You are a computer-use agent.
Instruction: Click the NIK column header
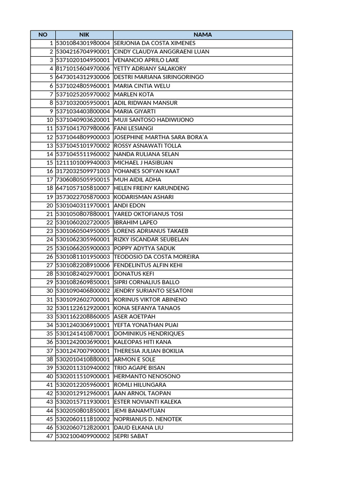tap(84, 35)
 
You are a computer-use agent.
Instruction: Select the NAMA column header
tap(202, 35)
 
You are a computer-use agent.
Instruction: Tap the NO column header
tap(43, 35)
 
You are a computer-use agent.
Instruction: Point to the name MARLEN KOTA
tap(134, 94)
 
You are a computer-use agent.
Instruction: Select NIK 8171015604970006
tap(83, 68)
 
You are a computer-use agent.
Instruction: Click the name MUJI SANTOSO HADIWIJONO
tap(154, 120)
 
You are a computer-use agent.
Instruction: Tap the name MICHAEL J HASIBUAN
tap(143, 163)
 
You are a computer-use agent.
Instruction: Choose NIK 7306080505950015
tap(83, 180)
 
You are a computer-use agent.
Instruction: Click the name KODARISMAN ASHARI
tap(144, 197)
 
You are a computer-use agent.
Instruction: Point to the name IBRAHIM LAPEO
tap(136, 222)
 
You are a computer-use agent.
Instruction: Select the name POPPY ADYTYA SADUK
tap(145, 248)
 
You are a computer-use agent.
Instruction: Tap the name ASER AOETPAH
tap(134, 316)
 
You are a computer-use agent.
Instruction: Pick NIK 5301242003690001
tap(83, 342)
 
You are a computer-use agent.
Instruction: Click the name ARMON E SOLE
tap(135, 359)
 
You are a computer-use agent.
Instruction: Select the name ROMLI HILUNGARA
tap(140, 385)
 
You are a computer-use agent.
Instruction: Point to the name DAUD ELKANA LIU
tap(139, 427)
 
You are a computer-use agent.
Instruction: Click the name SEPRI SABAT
tap(131, 436)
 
